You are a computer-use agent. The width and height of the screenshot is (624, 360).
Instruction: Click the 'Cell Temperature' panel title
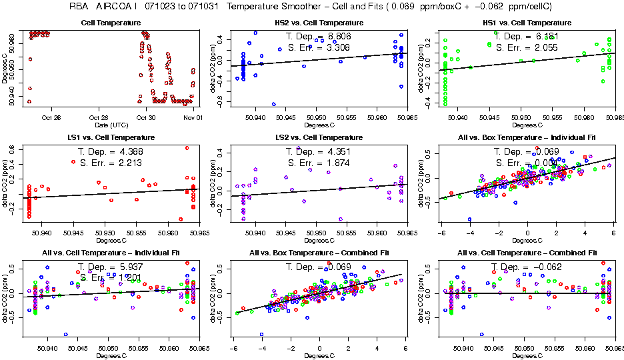tap(110, 23)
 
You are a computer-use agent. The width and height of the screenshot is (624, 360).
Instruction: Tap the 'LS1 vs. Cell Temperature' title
tap(110, 137)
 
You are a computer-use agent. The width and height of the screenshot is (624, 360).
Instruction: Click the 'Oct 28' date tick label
tap(99, 117)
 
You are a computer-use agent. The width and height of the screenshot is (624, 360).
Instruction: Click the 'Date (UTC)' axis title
tap(110, 125)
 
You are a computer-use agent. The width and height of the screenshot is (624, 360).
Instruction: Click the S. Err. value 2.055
tap(544, 48)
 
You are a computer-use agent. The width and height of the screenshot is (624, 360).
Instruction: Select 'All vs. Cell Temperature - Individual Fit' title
tap(110, 253)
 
